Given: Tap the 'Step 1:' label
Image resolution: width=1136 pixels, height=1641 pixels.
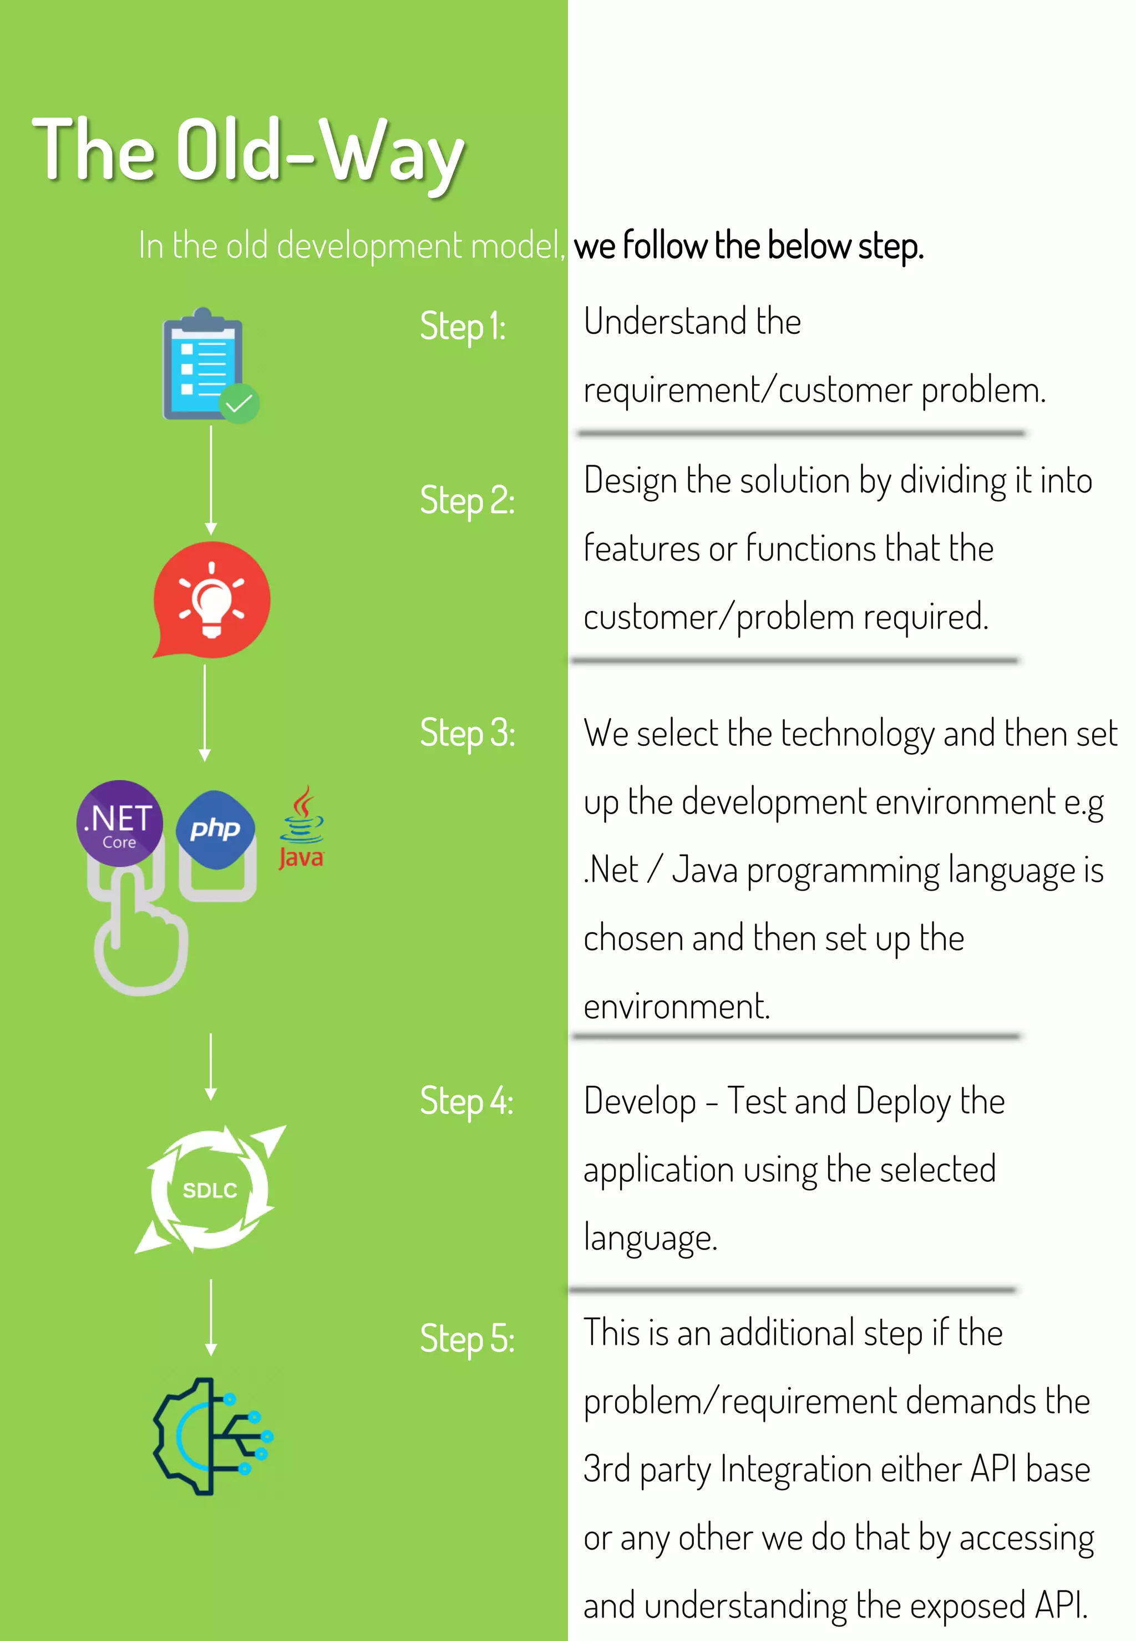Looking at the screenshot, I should click(x=463, y=327).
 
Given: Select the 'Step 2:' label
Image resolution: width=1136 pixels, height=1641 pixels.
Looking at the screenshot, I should click(x=467, y=500).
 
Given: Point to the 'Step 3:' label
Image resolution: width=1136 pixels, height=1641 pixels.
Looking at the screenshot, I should click(x=467, y=733).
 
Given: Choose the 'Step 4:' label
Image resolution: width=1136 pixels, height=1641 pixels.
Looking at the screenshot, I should click(x=466, y=1101).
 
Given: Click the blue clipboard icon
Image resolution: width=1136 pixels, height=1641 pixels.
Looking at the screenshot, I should click(x=202, y=364).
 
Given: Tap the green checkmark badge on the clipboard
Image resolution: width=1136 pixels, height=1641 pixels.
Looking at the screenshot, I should click(x=239, y=404).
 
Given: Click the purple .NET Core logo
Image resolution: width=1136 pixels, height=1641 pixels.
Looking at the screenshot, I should click(x=120, y=822).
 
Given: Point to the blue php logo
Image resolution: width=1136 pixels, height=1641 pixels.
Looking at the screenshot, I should click(x=215, y=829).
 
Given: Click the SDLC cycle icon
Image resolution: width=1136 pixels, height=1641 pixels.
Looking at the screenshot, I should click(x=210, y=1190).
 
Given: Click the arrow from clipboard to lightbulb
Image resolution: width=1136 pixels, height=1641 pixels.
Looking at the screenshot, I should click(x=211, y=480).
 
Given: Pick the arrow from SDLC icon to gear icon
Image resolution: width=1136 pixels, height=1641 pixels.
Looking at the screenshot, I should click(x=211, y=1317).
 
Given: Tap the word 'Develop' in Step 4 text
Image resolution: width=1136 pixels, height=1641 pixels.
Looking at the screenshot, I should click(x=639, y=1101).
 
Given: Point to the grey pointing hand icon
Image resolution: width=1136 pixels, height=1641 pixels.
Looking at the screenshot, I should click(x=141, y=939).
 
